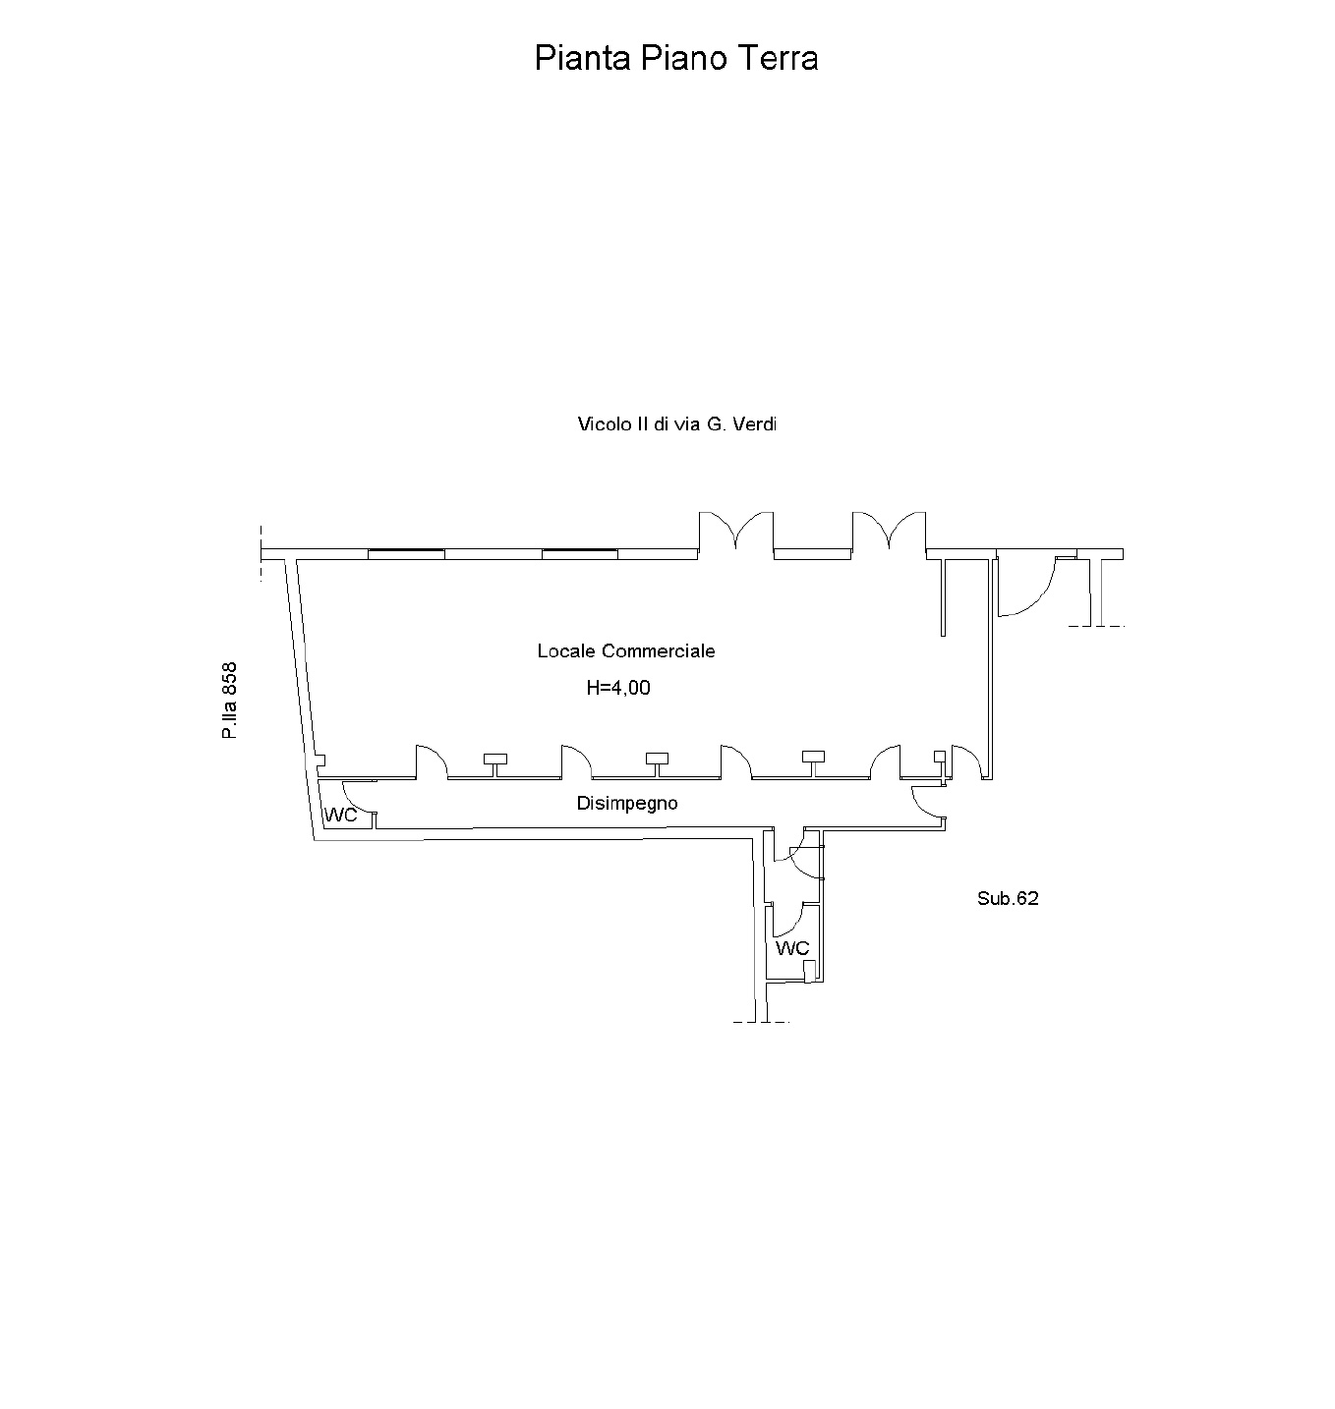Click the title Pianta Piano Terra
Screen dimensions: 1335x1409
pyautogui.click(x=675, y=58)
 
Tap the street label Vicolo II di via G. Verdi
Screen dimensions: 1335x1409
pyautogui.click(x=676, y=424)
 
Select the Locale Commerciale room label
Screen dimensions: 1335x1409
pyautogui.click(x=625, y=650)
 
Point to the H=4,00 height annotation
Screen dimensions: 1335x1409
pyautogui.click(x=618, y=688)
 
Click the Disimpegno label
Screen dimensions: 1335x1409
pyautogui.click(x=627, y=804)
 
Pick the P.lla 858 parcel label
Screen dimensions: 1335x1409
pyautogui.click(x=229, y=701)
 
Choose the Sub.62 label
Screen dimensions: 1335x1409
pyautogui.click(x=1008, y=899)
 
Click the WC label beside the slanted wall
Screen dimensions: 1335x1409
pyautogui.click(x=341, y=815)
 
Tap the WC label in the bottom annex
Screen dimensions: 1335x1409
pyautogui.click(x=792, y=948)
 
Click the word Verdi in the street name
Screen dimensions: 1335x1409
pyautogui.click(x=754, y=424)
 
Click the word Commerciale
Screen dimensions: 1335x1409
pyautogui.click(x=658, y=650)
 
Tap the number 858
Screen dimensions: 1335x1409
pyautogui.click(x=229, y=679)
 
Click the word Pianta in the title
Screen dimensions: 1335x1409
pyautogui.click(x=583, y=58)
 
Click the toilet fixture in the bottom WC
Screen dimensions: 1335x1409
pyautogui.click(x=809, y=972)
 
